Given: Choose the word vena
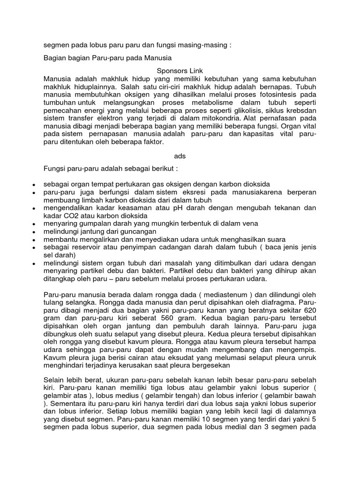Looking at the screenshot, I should point(250,223).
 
